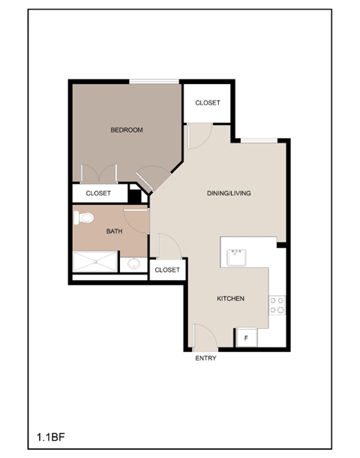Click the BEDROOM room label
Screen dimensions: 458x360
pyautogui.click(x=126, y=130)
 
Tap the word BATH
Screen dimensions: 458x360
pyautogui.click(x=114, y=232)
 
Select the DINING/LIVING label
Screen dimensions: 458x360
pyautogui.click(x=229, y=193)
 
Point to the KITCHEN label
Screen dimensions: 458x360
pyautogui.click(x=230, y=299)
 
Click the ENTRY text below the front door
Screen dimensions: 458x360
pyautogui.click(x=205, y=358)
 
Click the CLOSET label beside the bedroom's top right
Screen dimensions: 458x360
pyautogui.click(x=208, y=103)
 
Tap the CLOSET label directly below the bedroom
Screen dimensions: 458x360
pyautogui.click(x=98, y=193)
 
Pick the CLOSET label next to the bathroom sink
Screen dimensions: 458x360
pyautogui.click(x=166, y=270)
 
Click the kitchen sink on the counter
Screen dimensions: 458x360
pyautogui.click(x=238, y=257)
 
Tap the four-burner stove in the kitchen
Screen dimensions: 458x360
pyautogui.click(x=277, y=304)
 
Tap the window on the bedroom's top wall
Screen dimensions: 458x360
pyautogui.click(x=154, y=81)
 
